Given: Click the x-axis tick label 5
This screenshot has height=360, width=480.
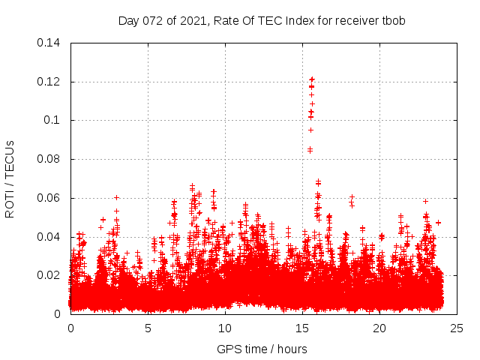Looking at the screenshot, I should (x=148, y=328).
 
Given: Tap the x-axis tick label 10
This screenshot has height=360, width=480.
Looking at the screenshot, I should (x=225, y=328).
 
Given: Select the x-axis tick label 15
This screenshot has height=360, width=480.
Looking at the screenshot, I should (x=302, y=328).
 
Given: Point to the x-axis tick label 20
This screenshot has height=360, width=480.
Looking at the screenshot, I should (x=379, y=328).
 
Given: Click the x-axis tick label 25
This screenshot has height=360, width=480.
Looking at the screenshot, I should (x=457, y=328).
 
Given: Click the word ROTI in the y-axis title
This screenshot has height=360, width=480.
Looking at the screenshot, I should (x=10, y=203).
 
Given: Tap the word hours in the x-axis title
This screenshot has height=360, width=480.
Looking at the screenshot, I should (x=290, y=349).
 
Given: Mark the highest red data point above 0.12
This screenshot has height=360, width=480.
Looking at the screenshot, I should (x=312, y=78).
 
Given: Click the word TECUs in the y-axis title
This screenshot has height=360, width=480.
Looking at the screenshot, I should (x=10, y=156).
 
